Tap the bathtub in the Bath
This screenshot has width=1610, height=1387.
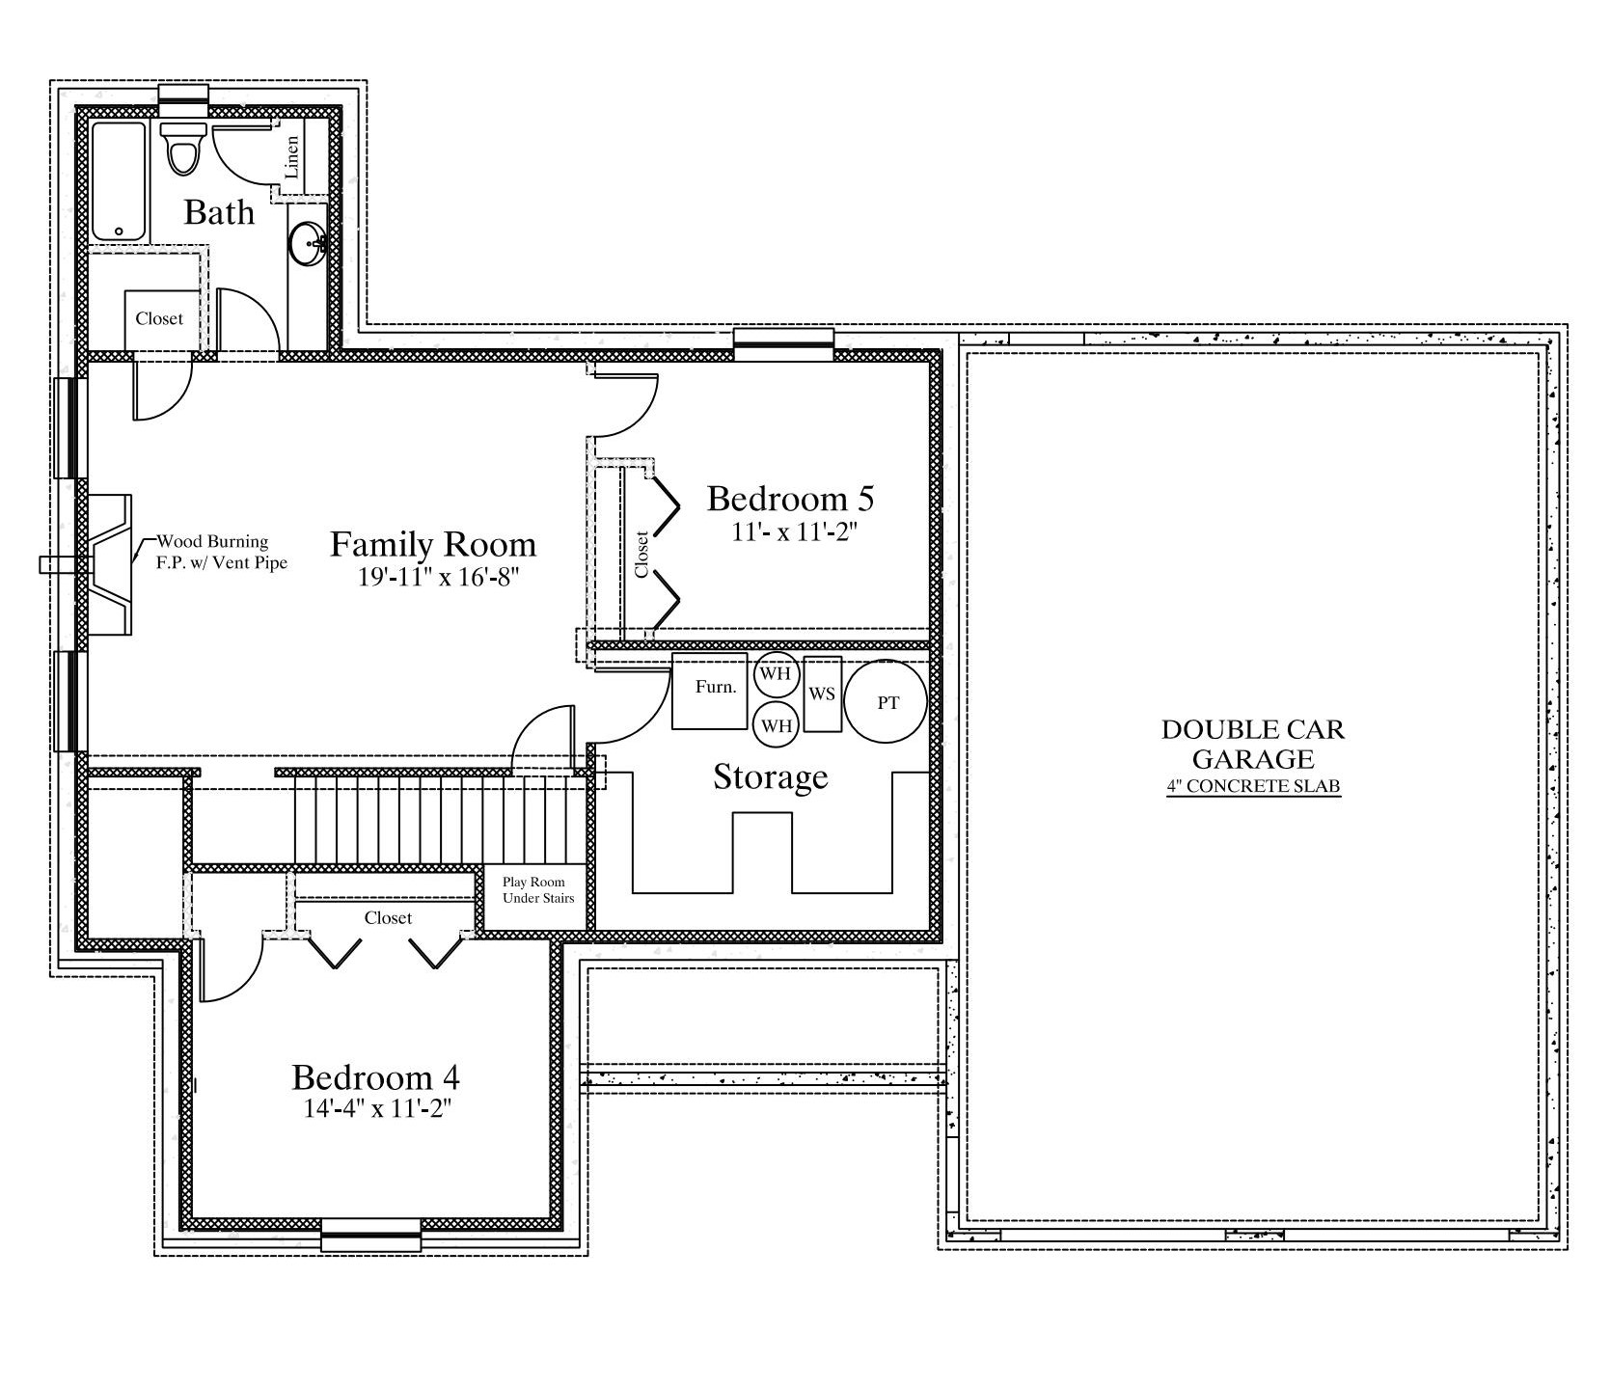(x=119, y=181)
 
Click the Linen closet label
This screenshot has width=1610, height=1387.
(x=292, y=156)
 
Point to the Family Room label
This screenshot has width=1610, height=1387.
(x=433, y=544)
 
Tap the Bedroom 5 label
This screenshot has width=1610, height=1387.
(x=791, y=499)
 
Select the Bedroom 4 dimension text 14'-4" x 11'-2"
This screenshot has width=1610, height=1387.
(x=378, y=1108)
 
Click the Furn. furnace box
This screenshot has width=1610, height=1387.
(x=710, y=691)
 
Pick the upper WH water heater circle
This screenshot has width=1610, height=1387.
(x=776, y=674)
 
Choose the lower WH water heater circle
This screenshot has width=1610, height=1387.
(x=776, y=725)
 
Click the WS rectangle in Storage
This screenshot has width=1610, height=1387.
(x=822, y=693)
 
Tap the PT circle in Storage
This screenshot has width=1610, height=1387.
(x=886, y=701)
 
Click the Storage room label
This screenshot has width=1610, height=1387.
(x=771, y=776)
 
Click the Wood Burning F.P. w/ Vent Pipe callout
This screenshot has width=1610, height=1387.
(x=222, y=553)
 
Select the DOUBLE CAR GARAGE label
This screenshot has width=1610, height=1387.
(x=1253, y=744)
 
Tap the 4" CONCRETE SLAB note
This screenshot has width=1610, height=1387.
(x=1253, y=786)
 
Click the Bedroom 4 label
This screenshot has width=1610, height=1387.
(x=376, y=1076)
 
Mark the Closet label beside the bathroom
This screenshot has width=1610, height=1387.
(x=159, y=318)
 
